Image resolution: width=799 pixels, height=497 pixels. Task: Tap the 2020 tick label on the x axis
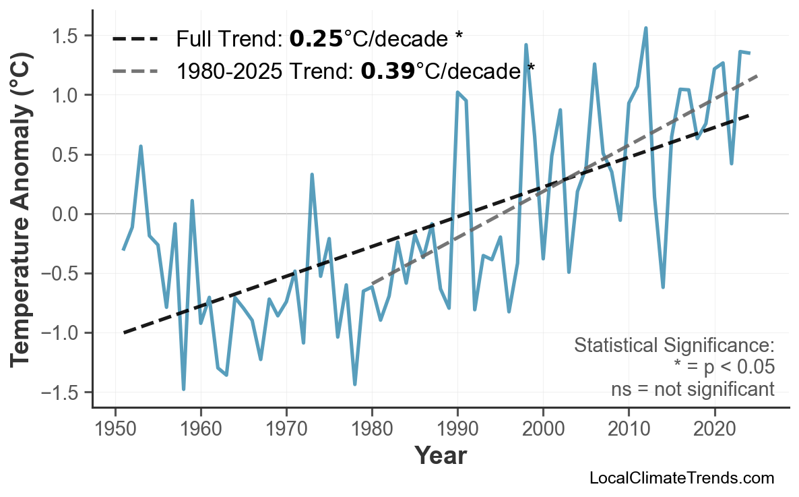[x=714, y=429]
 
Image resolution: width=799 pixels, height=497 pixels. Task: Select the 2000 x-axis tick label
[x=543, y=429]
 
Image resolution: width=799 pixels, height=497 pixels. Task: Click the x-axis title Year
[x=440, y=457]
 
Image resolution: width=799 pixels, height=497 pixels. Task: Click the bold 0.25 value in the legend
[x=316, y=39]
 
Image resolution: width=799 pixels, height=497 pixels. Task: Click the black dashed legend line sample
[x=135, y=39]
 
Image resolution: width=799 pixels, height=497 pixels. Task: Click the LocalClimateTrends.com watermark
[x=681, y=479]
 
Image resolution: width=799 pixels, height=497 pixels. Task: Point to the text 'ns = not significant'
[x=692, y=389]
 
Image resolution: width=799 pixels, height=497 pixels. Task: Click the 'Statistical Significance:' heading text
[x=674, y=346]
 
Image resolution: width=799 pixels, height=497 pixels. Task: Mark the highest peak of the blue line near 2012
[x=645, y=28]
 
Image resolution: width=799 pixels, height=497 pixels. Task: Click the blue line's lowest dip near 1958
[x=183, y=389]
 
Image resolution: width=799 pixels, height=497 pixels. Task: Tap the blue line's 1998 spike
[x=525, y=45]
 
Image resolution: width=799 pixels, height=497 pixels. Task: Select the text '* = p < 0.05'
[x=724, y=368]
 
